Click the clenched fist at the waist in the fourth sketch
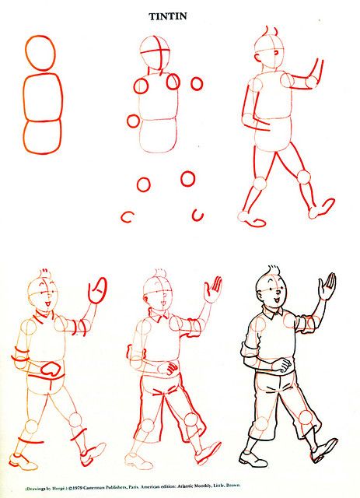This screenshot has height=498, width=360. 53,368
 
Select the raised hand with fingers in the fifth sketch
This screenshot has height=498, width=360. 211,294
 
